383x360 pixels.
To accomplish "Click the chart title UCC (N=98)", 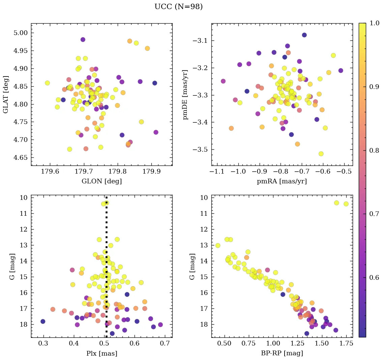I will [x=178, y=7].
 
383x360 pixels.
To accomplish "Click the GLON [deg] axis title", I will [x=101, y=181].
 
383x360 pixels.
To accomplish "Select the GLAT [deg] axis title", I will [x=6, y=94].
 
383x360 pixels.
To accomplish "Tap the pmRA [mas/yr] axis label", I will [x=282, y=181].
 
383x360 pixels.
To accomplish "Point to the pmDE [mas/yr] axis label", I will [x=185, y=94].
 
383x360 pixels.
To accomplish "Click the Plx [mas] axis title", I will [x=101, y=353].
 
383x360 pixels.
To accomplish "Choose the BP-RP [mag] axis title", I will [x=282, y=353].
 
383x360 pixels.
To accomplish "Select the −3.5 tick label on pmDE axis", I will [x=200, y=150].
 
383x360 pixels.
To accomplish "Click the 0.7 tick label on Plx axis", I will [x=165, y=344].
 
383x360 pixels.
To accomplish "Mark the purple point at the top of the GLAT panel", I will [x=83, y=40].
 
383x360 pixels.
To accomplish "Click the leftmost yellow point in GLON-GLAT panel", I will [x=47, y=83].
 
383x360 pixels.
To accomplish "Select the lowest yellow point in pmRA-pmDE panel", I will [x=321, y=154].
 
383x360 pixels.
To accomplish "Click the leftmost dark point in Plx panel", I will [x=43, y=321].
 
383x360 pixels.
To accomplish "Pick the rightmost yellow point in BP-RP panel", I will [x=346, y=204].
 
